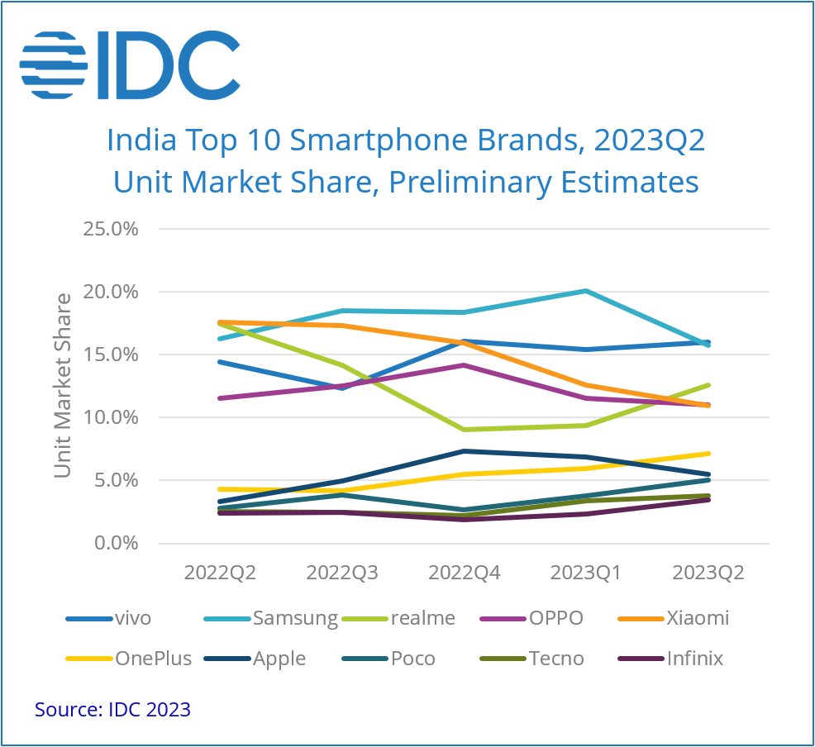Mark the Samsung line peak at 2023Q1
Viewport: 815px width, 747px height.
586,291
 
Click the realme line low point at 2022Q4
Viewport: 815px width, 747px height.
464,430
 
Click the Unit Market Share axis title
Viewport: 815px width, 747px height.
63,386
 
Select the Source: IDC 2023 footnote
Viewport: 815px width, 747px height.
112,709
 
